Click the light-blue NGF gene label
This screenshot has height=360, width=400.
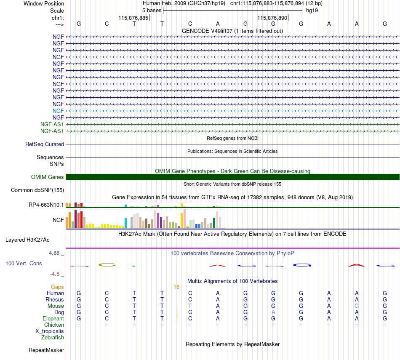pyautogui.click(x=58, y=111)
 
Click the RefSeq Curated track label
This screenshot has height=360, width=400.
pyautogui.click(x=45, y=144)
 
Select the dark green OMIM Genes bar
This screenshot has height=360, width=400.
pyautogui.click(x=232, y=177)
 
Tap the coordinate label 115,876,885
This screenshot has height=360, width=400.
pyautogui.click(x=133, y=18)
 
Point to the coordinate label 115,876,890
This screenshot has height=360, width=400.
pyautogui.click(x=272, y=18)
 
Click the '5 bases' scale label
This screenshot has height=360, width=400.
pyautogui.click(x=152, y=11)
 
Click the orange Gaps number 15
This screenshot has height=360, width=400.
pyautogui.click(x=176, y=287)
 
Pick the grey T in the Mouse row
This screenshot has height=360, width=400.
pyautogui.click(x=190, y=306)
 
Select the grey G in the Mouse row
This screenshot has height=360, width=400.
pyautogui.click(x=357, y=306)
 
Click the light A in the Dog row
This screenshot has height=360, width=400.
pyautogui.click(x=273, y=312)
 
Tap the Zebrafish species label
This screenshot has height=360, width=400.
pyautogui.click(x=53, y=337)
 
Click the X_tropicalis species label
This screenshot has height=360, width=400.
pyautogui.click(x=50, y=331)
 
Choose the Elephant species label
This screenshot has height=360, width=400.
pyautogui.click(x=53, y=319)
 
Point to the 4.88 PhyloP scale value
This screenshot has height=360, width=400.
pyautogui.click(x=54, y=253)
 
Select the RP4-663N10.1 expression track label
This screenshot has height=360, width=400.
pyautogui.click(x=46, y=205)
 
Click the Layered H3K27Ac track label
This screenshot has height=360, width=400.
pyautogui.click(x=27, y=240)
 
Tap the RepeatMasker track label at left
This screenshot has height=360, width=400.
pyautogui.click(x=46, y=350)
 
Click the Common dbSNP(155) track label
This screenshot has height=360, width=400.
pyautogui.click(x=37, y=190)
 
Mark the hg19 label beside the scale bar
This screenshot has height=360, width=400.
pyautogui.click(x=312, y=11)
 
